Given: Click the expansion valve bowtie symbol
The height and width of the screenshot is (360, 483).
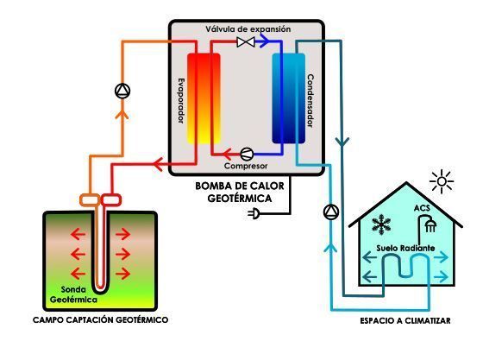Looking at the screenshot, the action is tap(246, 42).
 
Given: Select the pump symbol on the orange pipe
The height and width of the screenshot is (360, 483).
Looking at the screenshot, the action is tap(122, 91).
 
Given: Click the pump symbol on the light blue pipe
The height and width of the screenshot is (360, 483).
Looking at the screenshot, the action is tap(331, 212).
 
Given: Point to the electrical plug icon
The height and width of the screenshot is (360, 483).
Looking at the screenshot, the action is tap(254, 213).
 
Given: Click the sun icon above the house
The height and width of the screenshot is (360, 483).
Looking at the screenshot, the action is tap(442, 181).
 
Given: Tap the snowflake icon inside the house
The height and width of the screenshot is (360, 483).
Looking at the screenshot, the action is tap(381, 224).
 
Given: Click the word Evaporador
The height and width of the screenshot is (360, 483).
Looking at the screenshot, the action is tap(182, 101).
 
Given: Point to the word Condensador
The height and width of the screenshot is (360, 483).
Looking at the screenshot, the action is tap(310, 101).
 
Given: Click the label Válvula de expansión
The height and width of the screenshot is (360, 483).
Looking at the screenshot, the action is tap(248, 29).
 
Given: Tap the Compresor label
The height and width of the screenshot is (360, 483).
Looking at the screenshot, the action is tap(246, 166).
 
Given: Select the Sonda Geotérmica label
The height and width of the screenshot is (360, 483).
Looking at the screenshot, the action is tap(73, 294).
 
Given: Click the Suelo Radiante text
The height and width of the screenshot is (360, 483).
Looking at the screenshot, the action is tap(405, 248).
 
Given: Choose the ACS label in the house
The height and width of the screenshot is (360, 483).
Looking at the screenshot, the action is tap(422, 208).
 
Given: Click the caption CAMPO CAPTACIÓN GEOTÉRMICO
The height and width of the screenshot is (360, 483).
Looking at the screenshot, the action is tap(100, 320).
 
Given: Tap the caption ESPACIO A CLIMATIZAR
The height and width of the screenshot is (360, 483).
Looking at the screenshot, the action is tap(405, 321).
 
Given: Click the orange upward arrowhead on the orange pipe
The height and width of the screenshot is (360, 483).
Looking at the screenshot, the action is tap(122, 114).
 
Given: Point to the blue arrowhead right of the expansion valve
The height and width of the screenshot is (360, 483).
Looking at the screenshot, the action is tap(262, 41).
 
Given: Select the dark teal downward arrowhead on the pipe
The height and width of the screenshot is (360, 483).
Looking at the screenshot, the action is tap(342, 142).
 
